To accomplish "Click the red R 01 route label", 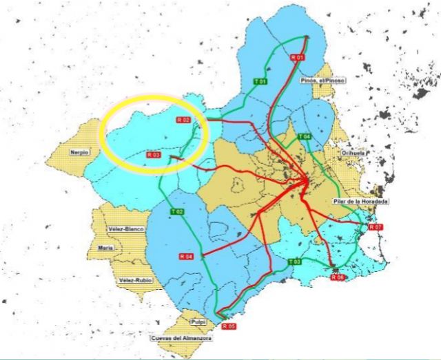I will pyautogui.click(x=298, y=57).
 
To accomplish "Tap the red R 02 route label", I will pyautogui.click(x=183, y=120).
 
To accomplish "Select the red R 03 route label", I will pyautogui.click(x=154, y=156).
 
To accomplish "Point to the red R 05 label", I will pyautogui.click(x=229, y=326).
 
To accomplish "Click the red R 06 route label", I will pyautogui.click(x=337, y=277).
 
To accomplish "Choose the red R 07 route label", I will pyautogui.click(x=376, y=226).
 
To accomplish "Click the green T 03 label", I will pyautogui.click(x=294, y=262).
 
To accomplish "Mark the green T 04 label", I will pyautogui.click(x=305, y=138).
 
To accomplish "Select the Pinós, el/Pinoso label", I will pyautogui.click(x=322, y=80).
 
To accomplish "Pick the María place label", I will pyautogui.click(x=105, y=247).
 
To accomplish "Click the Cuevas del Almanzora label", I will pyautogui.click(x=182, y=339).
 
